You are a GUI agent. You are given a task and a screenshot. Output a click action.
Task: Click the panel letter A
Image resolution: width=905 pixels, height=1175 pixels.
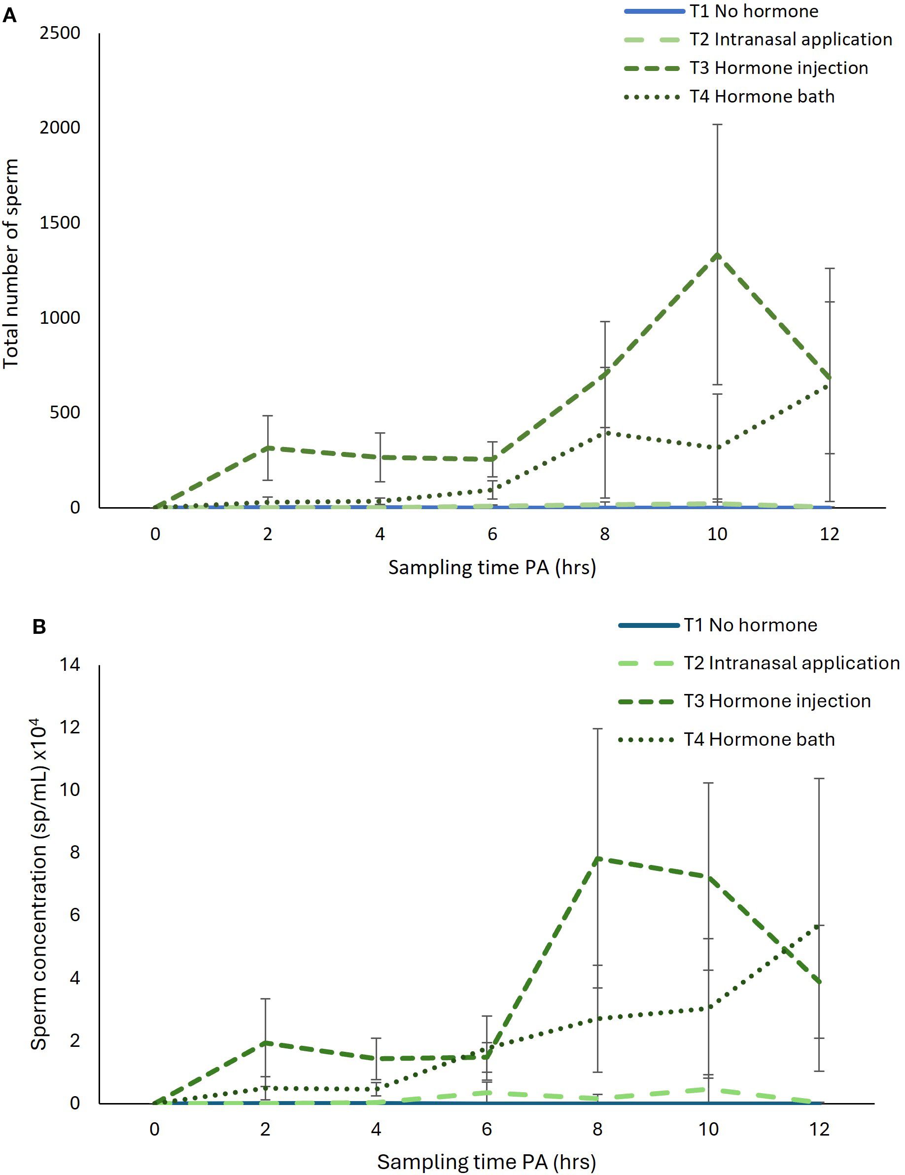(10, 16)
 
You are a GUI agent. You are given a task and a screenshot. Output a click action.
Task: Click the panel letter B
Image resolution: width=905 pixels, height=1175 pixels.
(39, 627)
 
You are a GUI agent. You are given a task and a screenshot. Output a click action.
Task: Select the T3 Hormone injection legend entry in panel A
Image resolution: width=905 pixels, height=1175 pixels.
(778, 69)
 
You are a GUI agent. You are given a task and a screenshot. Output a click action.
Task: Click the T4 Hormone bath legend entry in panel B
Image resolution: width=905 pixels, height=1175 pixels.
(759, 740)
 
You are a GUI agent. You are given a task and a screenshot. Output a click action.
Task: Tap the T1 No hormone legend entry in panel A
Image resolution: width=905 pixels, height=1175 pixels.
(754, 11)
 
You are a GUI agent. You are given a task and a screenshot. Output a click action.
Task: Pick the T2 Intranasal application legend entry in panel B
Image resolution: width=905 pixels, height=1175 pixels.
(792, 663)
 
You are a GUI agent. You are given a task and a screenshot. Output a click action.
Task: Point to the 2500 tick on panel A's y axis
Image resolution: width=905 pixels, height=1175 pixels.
(60, 34)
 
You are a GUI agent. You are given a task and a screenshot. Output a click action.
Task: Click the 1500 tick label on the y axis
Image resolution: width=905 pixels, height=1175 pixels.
(60, 223)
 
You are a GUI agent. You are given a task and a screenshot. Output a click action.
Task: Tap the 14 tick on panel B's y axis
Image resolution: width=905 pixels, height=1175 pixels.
(70, 665)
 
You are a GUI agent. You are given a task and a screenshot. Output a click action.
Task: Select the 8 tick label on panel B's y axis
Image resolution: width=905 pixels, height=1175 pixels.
(74, 853)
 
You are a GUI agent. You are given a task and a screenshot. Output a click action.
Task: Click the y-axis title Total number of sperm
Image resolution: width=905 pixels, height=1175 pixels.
(11, 264)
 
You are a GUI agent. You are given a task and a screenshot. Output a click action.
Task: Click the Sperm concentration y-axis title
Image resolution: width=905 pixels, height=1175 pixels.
(39, 885)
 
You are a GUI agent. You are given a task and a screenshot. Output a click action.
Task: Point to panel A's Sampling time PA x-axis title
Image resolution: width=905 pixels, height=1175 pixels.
(492, 568)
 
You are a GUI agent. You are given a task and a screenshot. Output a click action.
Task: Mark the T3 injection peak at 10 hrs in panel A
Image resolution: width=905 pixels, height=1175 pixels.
(717, 255)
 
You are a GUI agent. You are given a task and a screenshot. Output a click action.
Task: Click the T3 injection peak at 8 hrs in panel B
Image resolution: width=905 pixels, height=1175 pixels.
(597, 859)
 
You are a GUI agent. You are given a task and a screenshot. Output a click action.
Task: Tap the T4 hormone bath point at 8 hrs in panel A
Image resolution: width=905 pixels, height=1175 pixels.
(605, 431)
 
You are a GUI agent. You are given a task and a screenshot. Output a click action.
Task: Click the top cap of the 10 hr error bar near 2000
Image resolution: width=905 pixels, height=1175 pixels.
(717, 125)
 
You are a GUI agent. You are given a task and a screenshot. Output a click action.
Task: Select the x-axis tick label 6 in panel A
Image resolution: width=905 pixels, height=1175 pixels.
(492, 534)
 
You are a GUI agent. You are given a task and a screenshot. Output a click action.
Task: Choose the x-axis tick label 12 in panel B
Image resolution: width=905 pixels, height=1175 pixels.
(819, 1129)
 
